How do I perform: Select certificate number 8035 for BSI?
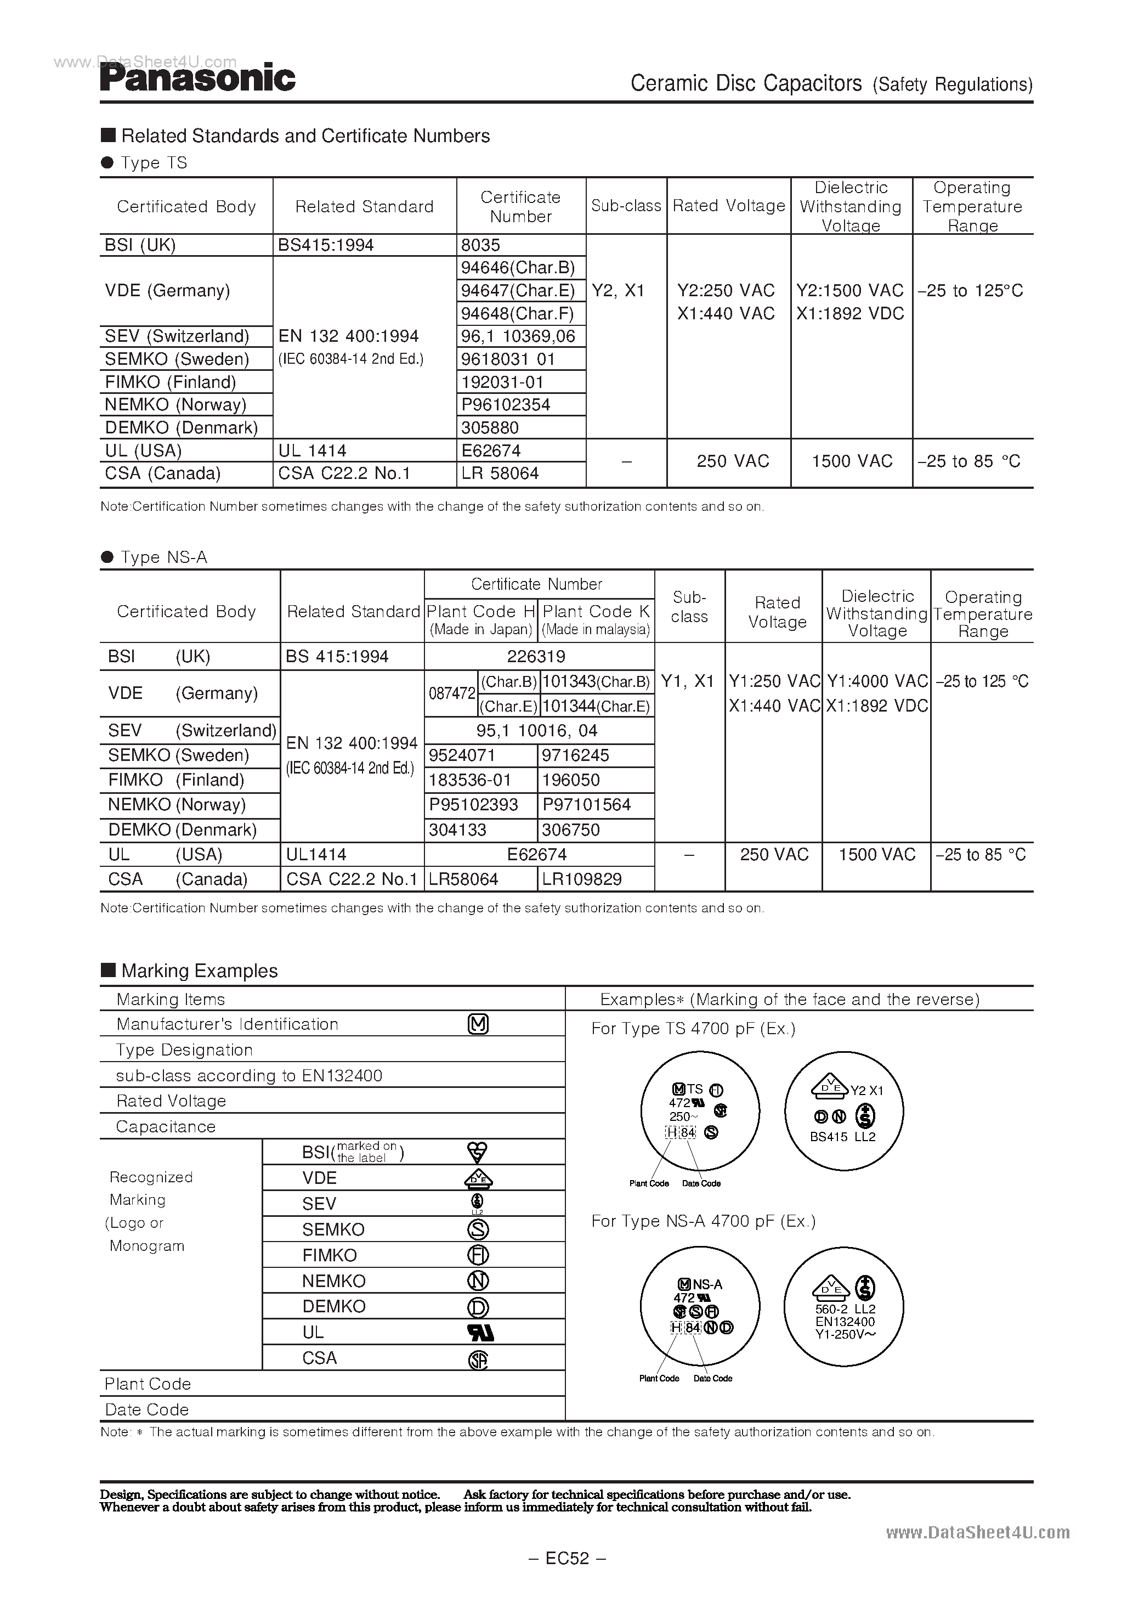[x=481, y=245]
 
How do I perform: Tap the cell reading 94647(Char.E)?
[x=518, y=290]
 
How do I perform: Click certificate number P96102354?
[x=506, y=405]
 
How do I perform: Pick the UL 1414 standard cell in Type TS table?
[x=312, y=451]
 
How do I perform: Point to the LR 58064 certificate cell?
[x=500, y=474]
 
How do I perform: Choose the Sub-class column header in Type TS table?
[x=626, y=206]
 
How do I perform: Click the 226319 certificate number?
[x=536, y=657]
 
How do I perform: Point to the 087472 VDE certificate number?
[x=451, y=693]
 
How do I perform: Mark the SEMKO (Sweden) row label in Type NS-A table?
[x=179, y=755]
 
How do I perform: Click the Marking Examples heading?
[x=199, y=971]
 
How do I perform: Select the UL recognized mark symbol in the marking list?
[x=479, y=1333]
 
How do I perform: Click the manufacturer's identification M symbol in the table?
[x=478, y=1024]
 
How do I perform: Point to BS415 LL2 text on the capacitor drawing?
[x=842, y=1137]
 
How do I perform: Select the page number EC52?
[x=566, y=1558]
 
